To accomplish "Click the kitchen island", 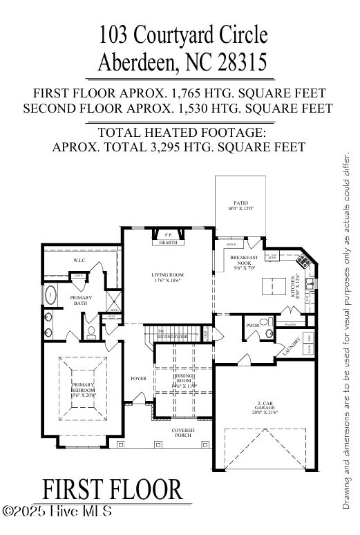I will click(x=272, y=284).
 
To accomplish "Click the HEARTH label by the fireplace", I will click(x=168, y=243).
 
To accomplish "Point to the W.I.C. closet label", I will click(x=79, y=261).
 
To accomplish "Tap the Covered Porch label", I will click(x=183, y=433).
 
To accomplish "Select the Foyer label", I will click(x=138, y=379).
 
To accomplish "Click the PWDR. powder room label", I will click(x=253, y=324).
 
